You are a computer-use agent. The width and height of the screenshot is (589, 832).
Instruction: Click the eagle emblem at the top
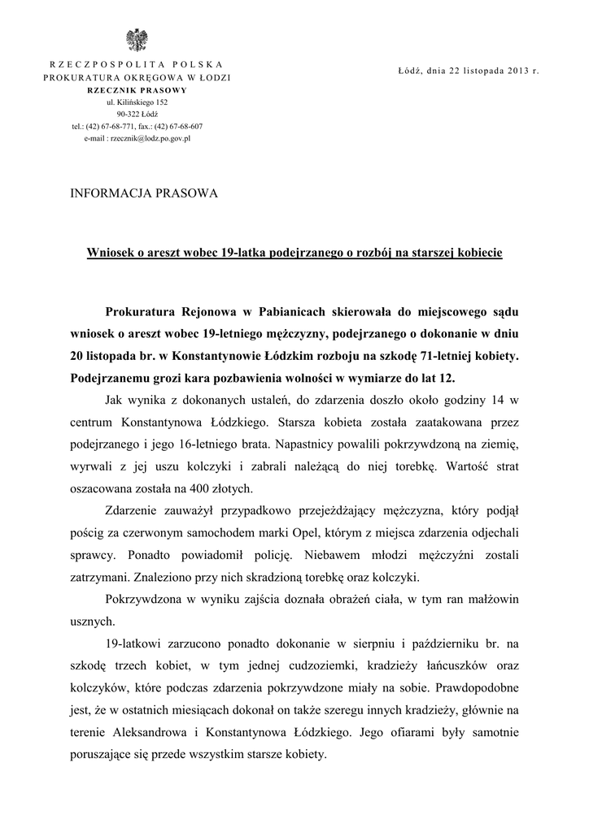(x=137, y=40)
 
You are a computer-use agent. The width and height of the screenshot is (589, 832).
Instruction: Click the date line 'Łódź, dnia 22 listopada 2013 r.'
(x=469, y=71)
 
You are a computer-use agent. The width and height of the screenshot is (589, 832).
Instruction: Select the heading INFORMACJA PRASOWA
(x=146, y=193)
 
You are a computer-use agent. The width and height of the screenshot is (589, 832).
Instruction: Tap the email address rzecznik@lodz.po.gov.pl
(x=137, y=139)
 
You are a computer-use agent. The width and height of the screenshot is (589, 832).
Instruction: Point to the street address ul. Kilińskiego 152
(x=137, y=102)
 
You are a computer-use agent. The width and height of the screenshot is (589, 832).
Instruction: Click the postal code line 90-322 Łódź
(x=137, y=115)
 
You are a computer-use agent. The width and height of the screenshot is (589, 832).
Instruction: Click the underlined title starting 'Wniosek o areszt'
(x=294, y=253)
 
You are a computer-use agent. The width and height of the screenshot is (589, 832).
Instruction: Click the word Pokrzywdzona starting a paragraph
(x=143, y=599)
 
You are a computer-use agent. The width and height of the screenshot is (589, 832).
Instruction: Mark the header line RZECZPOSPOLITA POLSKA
(x=137, y=63)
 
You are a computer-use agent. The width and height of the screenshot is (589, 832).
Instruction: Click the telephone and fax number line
(x=137, y=127)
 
